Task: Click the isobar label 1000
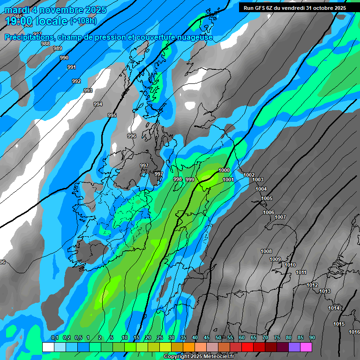pos(224,171)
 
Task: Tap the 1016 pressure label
pos(354,332)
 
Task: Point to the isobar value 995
pos(112,115)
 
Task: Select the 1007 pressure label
pos(280,217)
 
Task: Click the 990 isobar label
pos(64,58)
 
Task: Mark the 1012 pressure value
pos(312,285)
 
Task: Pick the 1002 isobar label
pos(249,175)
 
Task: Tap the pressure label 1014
pos(334,308)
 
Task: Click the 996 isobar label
pos(132,136)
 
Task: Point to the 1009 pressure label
pos(275,259)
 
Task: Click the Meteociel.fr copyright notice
pos(198,357)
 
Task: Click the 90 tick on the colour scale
pos(312,338)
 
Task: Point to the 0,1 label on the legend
pos(54,338)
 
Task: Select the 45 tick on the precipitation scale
pos(207,338)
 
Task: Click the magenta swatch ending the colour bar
pos(306,347)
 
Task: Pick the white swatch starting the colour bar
pos(48,347)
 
